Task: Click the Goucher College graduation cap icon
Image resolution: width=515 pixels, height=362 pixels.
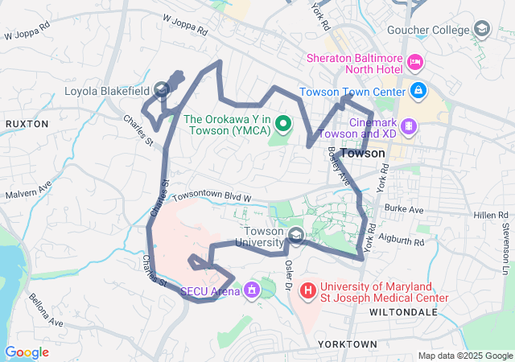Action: [x=481, y=31]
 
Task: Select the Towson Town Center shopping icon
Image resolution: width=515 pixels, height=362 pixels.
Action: [x=418, y=90]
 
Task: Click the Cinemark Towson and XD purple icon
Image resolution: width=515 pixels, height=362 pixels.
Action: [x=409, y=125]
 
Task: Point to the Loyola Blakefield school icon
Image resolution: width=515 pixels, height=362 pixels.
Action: [x=161, y=90]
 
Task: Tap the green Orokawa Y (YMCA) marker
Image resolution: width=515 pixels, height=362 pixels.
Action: [x=282, y=125]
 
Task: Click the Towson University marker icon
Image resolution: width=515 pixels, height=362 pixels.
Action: [x=295, y=236]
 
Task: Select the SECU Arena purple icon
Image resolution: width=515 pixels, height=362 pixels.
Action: [x=252, y=289]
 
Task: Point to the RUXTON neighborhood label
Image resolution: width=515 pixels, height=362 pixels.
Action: [x=27, y=124]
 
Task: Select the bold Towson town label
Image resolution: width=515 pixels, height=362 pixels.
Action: [x=363, y=153]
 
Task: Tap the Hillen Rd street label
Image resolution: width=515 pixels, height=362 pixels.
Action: [x=492, y=216]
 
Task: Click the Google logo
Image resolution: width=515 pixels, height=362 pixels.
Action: [x=27, y=352]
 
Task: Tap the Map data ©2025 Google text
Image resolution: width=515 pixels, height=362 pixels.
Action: [x=464, y=356]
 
